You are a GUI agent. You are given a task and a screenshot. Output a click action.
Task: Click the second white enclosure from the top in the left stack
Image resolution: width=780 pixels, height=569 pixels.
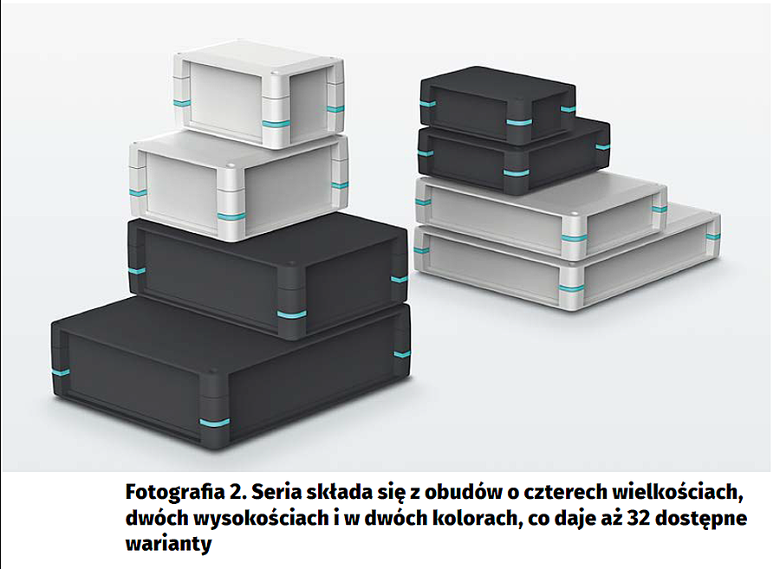click(x=239, y=186)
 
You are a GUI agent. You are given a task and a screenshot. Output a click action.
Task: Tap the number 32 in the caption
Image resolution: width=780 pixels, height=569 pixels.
click(x=639, y=518)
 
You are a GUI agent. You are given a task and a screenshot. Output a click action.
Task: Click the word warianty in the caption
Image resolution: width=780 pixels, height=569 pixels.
click(x=169, y=544)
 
